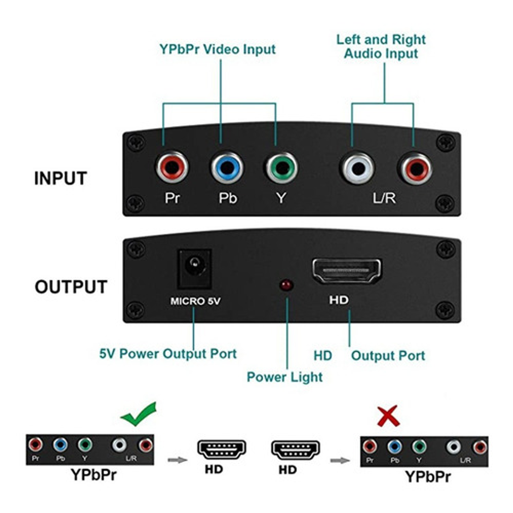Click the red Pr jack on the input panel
pos(172,167)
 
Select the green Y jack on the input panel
pos(281,167)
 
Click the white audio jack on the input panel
pos(358,168)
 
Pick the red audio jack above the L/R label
pos(415,168)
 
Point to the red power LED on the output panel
pos(286,285)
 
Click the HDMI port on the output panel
pos(346,270)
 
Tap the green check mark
pos(139,415)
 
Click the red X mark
pos(388,416)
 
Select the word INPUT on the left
pos(60,178)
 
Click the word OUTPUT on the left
pos(71,287)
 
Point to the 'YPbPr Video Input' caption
pos(217,49)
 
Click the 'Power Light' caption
pos(284,377)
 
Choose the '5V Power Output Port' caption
pos(168,354)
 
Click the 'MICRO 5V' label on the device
pos(195,301)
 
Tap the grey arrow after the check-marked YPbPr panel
pos(177,459)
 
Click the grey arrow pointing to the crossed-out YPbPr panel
pos(340,460)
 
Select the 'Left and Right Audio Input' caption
pos(381,46)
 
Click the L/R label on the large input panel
pos(384,198)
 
